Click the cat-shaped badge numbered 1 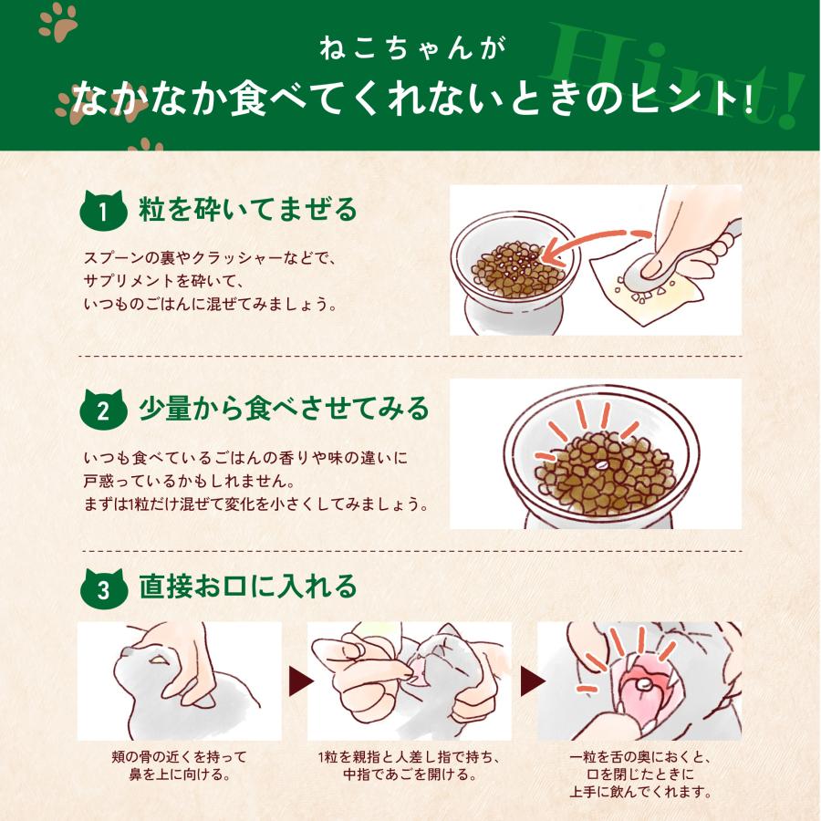tap(103, 211)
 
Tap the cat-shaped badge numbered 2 tap(103, 410)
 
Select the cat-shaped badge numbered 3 tap(103, 588)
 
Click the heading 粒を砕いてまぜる tap(247, 210)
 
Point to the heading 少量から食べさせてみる tap(284, 409)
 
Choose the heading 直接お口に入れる tap(247, 587)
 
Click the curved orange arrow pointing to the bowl tap(592, 243)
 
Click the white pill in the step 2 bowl tap(600, 465)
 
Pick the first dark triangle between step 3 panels tap(300, 681)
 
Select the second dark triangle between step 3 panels tap(532, 681)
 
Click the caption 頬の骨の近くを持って tap(179, 756)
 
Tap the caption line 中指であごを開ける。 tap(410, 774)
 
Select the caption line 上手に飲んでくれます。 tap(640, 791)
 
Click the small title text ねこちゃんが tap(412, 48)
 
